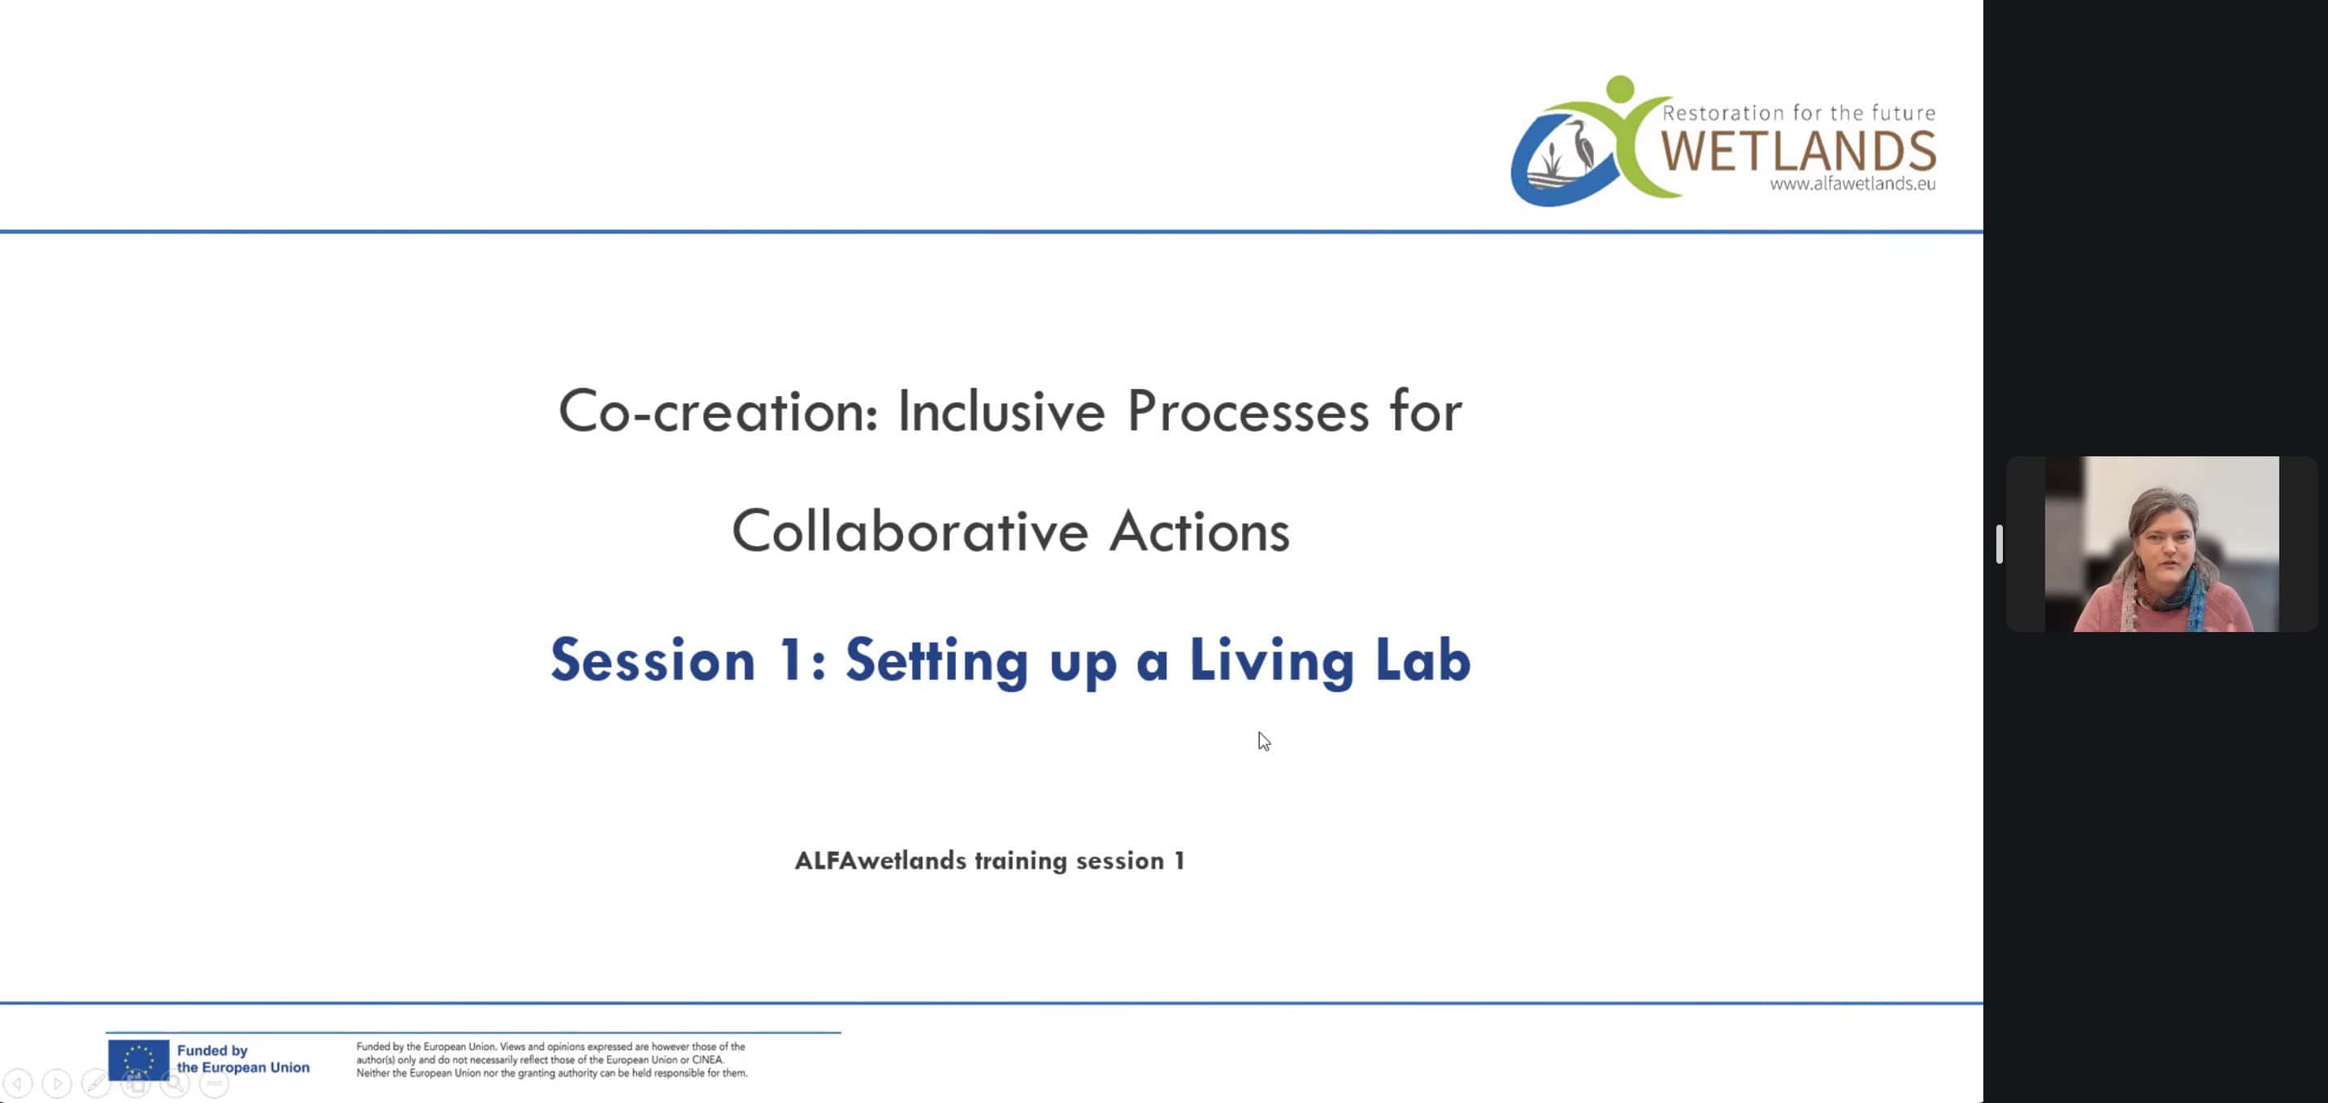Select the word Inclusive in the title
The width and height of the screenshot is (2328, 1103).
pos(1001,412)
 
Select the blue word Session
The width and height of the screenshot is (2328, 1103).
pos(653,660)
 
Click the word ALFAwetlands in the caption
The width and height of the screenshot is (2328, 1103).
pos(880,861)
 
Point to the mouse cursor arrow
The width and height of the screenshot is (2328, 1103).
pos(1263,741)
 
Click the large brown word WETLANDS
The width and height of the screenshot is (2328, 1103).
pos(1797,151)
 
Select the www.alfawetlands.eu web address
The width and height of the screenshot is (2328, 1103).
pos(1852,184)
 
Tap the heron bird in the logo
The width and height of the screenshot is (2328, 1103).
pos(1579,145)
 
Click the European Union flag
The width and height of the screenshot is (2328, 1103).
pos(138,1060)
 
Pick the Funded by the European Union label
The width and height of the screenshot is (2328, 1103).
pos(243,1059)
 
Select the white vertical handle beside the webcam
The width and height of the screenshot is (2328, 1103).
pos(1999,543)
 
